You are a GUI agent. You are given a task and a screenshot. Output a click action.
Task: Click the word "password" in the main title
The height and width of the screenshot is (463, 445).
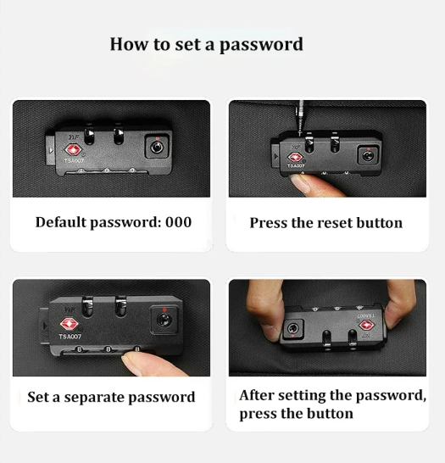(261, 45)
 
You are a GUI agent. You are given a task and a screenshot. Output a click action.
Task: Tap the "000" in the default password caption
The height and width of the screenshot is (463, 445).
(178, 222)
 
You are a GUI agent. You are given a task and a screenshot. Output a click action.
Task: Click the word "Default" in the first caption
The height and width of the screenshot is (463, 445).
(61, 222)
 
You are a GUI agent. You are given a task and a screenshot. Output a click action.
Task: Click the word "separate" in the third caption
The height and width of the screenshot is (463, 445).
(94, 398)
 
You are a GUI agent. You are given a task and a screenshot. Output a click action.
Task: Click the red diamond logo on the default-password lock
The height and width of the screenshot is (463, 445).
(73, 149)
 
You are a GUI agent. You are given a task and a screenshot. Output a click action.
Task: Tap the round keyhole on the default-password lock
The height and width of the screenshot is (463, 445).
(157, 147)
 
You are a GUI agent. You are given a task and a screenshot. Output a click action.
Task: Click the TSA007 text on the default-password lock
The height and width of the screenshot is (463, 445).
(74, 161)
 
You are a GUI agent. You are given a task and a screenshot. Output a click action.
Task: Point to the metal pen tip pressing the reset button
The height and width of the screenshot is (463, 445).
(301, 118)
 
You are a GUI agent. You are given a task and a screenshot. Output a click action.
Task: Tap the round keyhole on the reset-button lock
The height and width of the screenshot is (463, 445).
(368, 156)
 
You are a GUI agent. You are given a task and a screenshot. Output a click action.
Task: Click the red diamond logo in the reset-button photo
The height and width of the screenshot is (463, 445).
(294, 157)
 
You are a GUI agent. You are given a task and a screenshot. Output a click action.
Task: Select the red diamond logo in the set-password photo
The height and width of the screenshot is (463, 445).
(69, 324)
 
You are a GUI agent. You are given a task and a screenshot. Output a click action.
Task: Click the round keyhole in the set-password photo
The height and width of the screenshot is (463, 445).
(164, 320)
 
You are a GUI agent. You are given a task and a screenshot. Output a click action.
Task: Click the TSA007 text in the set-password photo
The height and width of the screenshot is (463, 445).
(70, 337)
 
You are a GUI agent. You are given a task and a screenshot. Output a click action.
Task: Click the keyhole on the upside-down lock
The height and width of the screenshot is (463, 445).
(292, 328)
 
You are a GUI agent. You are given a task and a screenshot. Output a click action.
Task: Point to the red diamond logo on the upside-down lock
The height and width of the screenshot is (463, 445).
(367, 325)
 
